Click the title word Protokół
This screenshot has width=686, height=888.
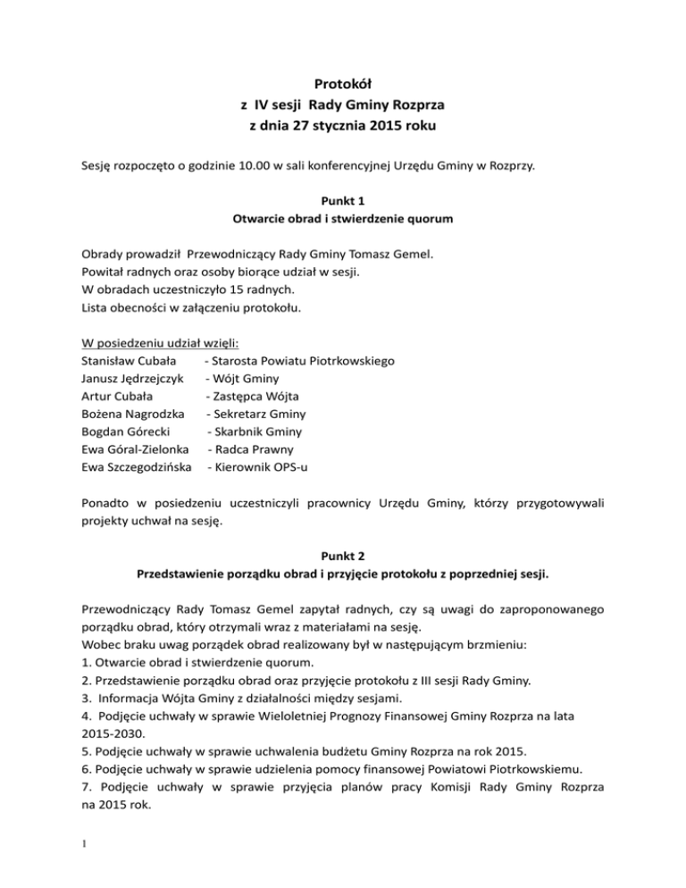point(342,84)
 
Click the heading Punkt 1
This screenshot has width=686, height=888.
point(342,202)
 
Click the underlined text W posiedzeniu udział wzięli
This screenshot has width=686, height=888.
point(154,343)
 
